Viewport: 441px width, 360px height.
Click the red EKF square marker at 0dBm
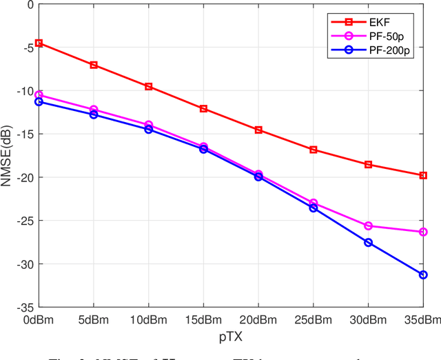tap(39, 43)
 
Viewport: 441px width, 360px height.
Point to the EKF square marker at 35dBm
tap(423, 175)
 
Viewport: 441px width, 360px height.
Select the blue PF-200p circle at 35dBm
tap(423, 274)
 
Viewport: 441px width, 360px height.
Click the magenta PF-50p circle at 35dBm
tap(423, 232)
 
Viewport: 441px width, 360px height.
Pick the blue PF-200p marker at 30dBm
tap(368, 243)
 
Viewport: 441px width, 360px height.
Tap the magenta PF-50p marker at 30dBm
tap(368, 226)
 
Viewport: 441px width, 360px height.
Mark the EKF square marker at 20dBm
tap(258, 130)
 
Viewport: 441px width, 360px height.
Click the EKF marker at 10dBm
tap(148, 86)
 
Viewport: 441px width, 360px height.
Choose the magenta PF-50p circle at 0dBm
tap(39, 94)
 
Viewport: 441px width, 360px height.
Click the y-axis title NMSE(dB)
tap(9, 155)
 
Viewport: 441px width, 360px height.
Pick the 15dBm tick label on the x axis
tap(203, 319)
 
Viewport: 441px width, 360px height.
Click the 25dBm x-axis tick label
tap(313, 319)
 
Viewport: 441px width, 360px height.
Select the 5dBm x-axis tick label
tap(94, 319)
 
